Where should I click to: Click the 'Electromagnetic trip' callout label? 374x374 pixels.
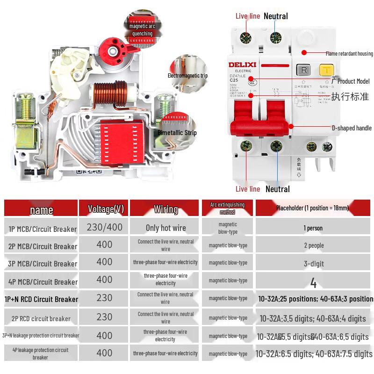click(187, 75)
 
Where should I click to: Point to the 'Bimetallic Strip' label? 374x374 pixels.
click(177, 133)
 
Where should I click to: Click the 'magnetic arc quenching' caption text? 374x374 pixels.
click(142, 30)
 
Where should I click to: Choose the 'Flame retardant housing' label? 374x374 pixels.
click(349, 54)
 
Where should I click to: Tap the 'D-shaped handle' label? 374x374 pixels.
click(352, 128)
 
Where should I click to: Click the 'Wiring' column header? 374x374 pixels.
click(165, 209)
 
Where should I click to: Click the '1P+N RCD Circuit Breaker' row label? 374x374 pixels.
click(41, 299)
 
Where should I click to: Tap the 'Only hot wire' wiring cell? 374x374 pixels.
click(165, 228)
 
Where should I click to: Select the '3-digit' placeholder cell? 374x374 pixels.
click(314, 264)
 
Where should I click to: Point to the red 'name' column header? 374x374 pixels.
click(42, 210)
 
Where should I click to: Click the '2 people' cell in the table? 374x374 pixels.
click(314, 245)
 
